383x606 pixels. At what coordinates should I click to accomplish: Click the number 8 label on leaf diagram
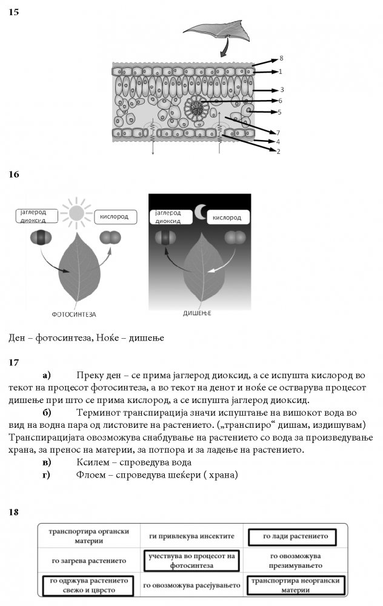[281, 59]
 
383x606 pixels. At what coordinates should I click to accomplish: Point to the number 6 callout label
[281, 101]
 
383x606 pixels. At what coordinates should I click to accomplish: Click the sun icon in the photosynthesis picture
[76, 213]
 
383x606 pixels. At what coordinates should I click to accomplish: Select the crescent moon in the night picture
[201, 211]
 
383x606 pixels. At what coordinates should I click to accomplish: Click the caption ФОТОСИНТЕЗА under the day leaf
[75, 315]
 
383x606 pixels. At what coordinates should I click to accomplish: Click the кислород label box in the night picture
[228, 217]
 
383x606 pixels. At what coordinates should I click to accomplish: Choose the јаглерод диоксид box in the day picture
[37, 216]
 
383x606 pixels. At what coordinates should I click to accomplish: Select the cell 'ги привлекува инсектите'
[190, 536]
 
